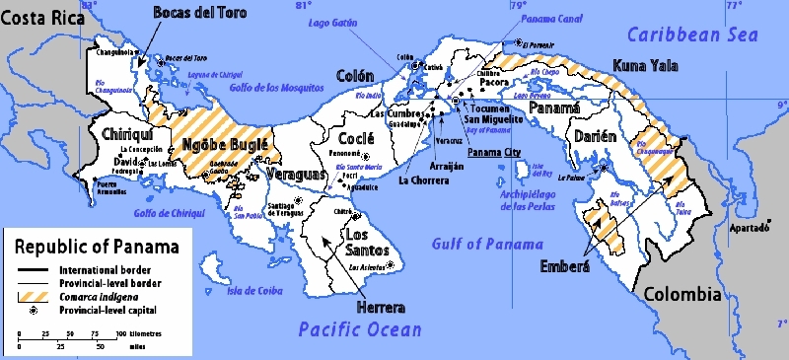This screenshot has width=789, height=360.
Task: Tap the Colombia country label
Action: (x=681, y=294)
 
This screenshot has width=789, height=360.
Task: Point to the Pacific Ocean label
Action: (x=360, y=328)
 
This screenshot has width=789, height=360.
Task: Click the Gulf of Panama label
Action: (x=487, y=244)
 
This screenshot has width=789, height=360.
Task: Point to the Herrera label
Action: (x=375, y=306)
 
